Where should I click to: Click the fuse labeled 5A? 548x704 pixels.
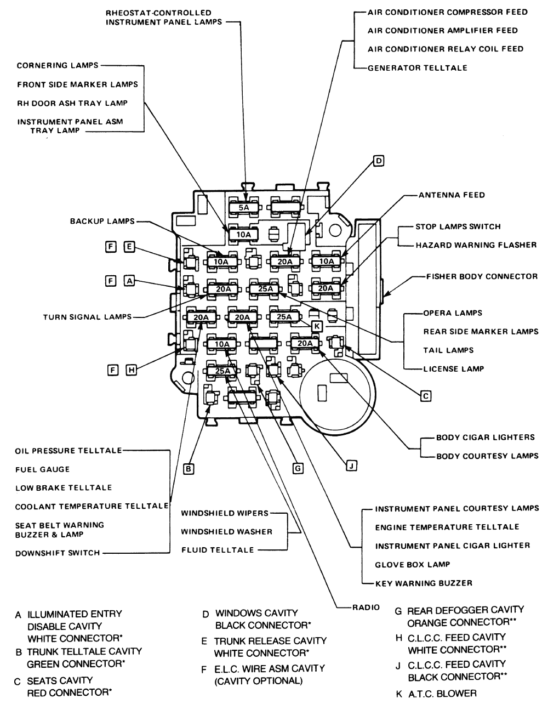(x=243, y=207)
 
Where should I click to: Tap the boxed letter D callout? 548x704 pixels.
(x=378, y=161)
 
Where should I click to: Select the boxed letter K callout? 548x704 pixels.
(x=317, y=326)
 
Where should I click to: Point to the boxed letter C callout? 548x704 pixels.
(x=426, y=396)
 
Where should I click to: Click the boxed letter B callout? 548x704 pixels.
(x=189, y=469)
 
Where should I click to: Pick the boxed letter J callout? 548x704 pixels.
(x=351, y=466)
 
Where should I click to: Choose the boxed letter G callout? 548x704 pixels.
(x=298, y=468)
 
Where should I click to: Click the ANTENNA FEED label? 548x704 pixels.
(x=452, y=195)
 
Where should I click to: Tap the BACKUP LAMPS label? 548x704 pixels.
(x=102, y=222)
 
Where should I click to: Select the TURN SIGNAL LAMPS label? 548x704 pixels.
(x=87, y=317)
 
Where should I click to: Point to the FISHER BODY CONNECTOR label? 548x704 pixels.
(x=482, y=276)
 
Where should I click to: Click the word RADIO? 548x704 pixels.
(x=366, y=608)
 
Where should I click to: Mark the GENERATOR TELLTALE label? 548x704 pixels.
(x=418, y=67)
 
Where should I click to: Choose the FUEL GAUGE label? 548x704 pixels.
(x=42, y=469)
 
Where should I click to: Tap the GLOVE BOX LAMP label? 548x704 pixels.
(x=413, y=565)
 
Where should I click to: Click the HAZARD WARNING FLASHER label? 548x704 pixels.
(x=476, y=245)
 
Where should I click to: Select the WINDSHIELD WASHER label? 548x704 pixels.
(x=226, y=532)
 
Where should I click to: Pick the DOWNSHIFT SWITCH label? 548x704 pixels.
(x=58, y=553)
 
